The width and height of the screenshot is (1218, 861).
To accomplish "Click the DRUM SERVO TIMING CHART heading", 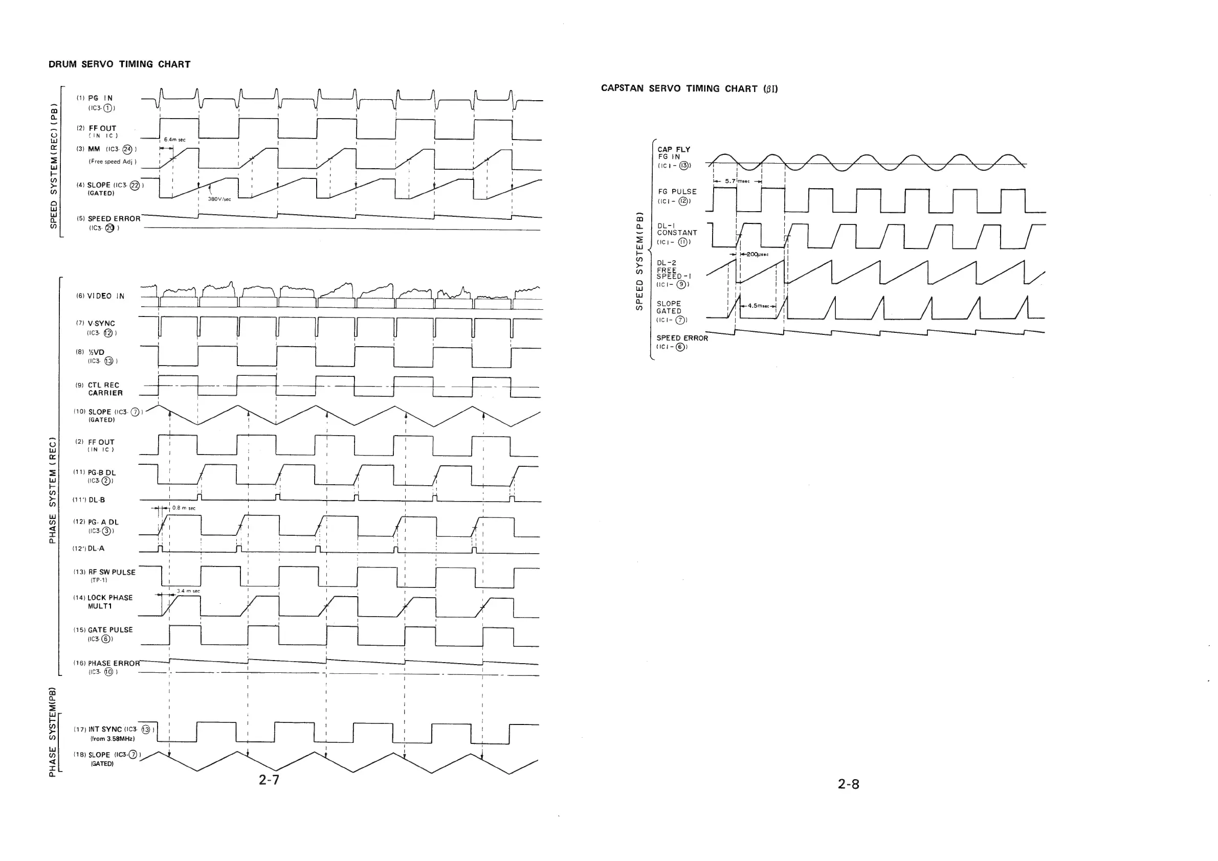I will click(x=119, y=64).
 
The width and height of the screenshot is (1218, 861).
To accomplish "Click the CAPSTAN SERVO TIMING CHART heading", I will click(x=689, y=88).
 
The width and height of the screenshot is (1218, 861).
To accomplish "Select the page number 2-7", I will click(x=269, y=779).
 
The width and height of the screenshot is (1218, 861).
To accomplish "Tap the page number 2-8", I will click(x=848, y=784).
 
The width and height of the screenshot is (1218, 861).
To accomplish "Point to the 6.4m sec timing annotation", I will click(x=174, y=140).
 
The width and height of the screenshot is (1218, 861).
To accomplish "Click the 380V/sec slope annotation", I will click(x=219, y=199).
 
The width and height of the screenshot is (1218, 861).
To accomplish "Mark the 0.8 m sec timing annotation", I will click(x=184, y=508).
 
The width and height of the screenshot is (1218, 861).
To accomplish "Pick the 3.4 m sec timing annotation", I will click(x=188, y=591).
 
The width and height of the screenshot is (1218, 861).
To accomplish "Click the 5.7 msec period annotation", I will click(x=737, y=181).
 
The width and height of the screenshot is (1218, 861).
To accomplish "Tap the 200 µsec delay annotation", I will click(x=757, y=255).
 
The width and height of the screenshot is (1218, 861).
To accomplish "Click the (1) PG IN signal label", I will click(x=100, y=98).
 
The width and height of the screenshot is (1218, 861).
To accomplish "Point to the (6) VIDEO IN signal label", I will click(x=101, y=296).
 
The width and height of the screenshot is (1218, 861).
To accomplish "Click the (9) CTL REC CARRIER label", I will click(x=101, y=389).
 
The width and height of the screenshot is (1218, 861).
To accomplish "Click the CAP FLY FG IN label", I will click(x=674, y=153).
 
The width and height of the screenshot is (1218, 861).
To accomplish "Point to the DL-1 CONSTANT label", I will click(x=676, y=230).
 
